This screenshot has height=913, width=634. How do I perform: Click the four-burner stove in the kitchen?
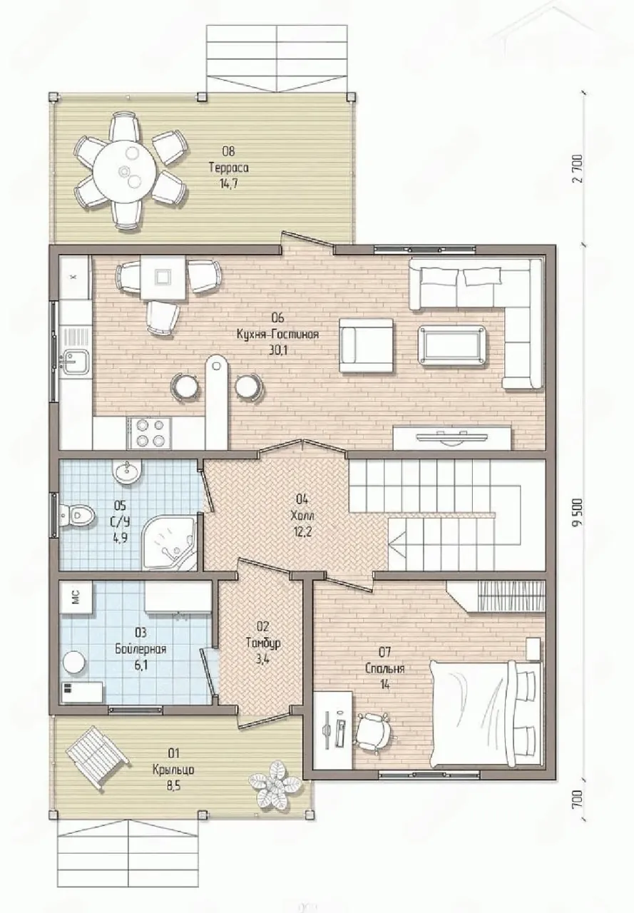point(149,433)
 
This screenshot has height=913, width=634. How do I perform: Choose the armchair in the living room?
point(367,345)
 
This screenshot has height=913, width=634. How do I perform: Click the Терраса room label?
point(229,168)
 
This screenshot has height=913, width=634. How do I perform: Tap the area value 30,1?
point(278,350)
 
